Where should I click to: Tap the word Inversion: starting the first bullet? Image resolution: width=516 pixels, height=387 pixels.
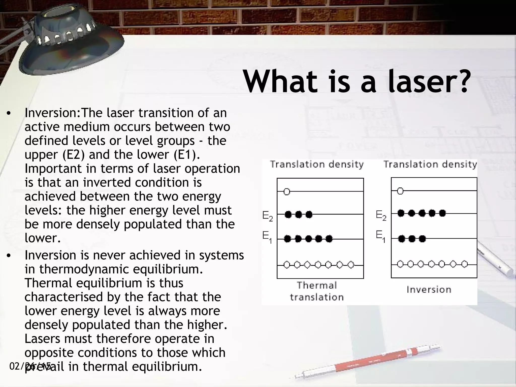52,113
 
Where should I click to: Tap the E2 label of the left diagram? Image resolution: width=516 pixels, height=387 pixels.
267,216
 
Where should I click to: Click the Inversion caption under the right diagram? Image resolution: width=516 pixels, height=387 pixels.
429,289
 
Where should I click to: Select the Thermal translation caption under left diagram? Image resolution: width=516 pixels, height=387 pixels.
317,291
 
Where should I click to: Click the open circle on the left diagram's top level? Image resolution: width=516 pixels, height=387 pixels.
287,192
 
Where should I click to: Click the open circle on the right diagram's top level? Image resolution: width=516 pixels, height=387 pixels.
400,191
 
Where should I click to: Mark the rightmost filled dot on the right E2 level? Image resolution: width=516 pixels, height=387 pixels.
442,213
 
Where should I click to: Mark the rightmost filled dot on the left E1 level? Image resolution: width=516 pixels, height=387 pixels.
329,239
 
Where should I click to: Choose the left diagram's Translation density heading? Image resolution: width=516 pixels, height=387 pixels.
317,165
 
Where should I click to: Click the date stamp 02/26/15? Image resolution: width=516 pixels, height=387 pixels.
30,366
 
